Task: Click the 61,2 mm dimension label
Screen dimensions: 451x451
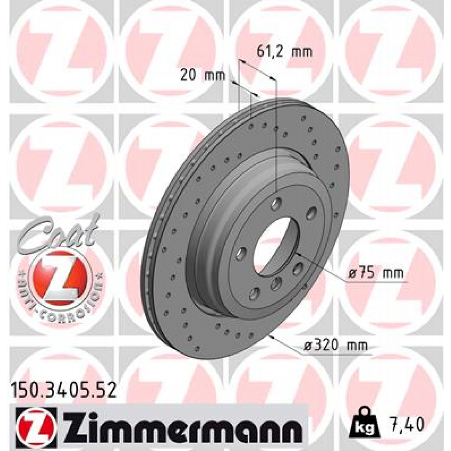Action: pyautogui.click(x=284, y=52)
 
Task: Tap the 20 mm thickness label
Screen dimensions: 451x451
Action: pyautogui.click(x=203, y=75)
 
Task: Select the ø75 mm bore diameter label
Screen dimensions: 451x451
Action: pyautogui.click(x=375, y=274)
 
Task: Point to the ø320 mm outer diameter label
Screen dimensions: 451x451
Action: pyautogui.click(x=335, y=346)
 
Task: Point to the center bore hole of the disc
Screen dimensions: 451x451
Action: pyautogui.click(x=272, y=247)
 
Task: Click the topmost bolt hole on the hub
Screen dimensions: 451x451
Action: pyautogui.click(x=277, y=203)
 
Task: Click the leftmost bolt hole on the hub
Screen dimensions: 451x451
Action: pyautogui.click(x=241, y=253)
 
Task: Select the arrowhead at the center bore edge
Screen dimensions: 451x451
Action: pyautogui.click(x=298, y=254)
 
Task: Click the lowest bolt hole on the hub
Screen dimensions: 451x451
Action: pyautogui.click(x=254, y=293)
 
